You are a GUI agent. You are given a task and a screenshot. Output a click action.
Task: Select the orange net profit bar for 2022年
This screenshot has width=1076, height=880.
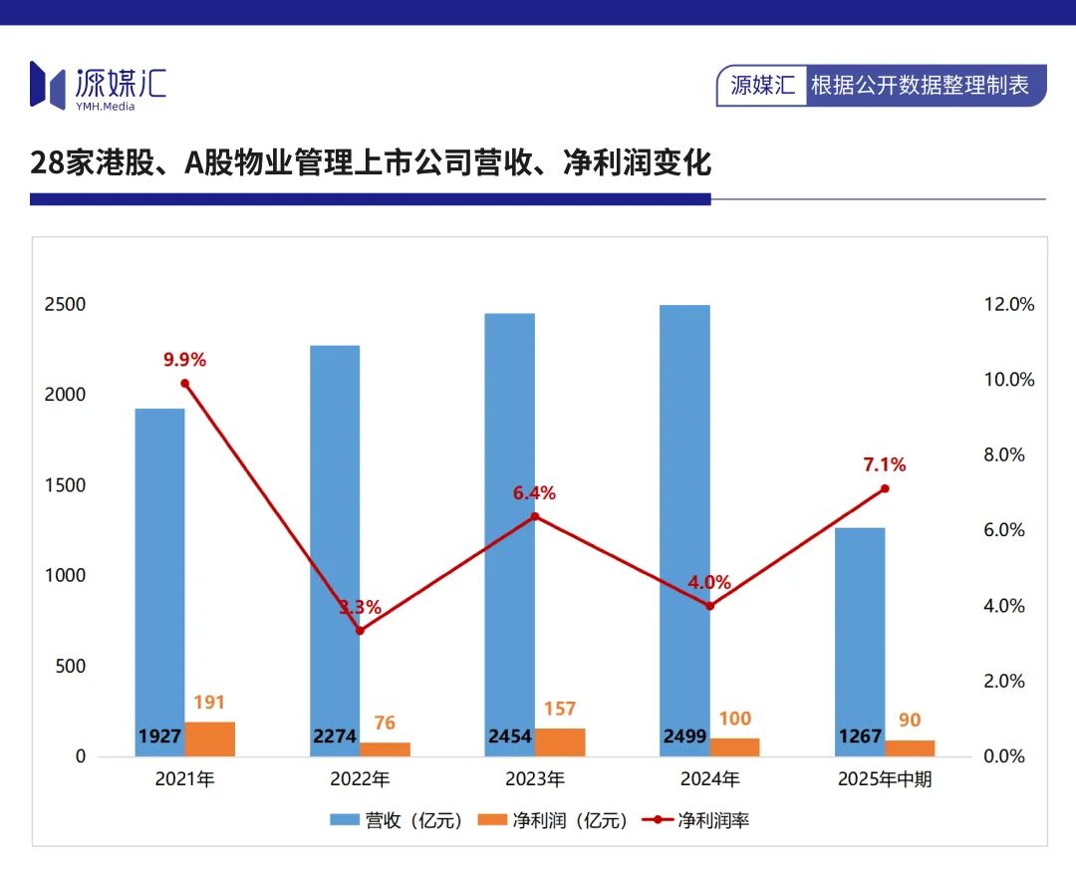385,748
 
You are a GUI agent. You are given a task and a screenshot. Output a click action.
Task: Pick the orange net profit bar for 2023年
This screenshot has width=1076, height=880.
560,741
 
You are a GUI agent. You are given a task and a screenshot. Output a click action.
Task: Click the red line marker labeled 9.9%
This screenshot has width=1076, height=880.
184,384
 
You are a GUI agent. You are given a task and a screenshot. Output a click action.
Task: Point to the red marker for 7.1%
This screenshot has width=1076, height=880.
884,488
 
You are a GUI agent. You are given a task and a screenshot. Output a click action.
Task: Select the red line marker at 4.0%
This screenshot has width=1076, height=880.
709,606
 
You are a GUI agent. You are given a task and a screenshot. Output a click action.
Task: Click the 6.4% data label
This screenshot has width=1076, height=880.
534,493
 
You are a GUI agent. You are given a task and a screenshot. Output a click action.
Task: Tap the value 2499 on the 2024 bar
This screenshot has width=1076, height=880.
684,737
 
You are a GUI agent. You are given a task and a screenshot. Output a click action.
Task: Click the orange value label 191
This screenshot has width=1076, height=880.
209,703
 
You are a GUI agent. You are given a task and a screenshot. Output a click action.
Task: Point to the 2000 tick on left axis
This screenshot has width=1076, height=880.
65,395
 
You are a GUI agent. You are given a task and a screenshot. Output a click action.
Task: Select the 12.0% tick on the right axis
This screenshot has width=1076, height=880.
1009,305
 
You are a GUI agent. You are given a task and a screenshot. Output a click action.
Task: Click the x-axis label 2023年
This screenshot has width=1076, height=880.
535,779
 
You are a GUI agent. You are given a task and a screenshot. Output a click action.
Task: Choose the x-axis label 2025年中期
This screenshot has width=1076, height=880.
885,779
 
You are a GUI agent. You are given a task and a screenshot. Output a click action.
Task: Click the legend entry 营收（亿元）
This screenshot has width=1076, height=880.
398,821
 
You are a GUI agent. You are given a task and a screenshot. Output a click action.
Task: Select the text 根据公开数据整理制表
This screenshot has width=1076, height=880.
920,86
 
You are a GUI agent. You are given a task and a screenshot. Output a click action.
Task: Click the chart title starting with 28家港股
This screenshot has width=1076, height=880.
371,162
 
